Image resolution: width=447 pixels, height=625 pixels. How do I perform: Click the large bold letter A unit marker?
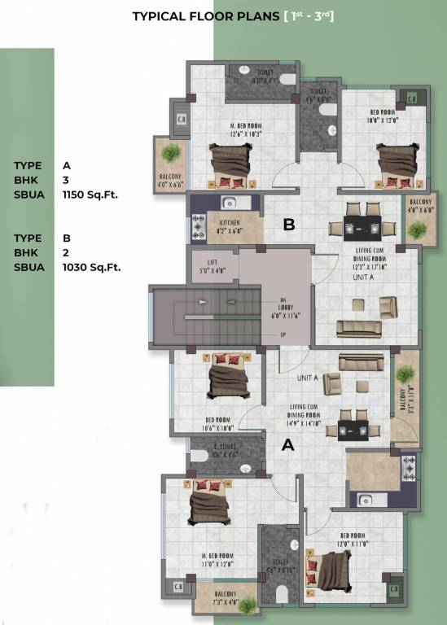point(287,445)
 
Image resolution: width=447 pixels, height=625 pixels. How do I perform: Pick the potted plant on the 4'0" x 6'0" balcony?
point(417,229)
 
